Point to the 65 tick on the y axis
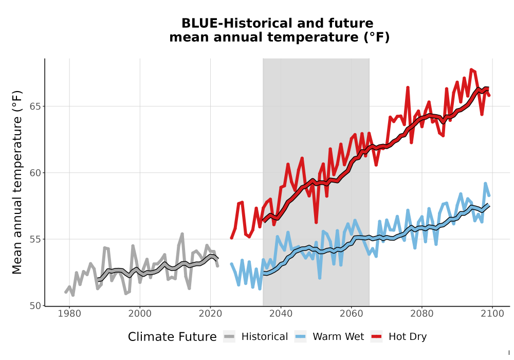click(36, 106)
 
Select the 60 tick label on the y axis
click(36, 173)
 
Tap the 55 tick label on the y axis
click(36, 239)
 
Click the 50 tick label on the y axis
click(36, 305)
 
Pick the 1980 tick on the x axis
click(69, 314)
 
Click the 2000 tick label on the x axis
click(140, 314)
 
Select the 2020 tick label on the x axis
click(210, 314)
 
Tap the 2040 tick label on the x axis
click(281, 314)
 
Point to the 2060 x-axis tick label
click(351, 314)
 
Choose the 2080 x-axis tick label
click(422, 314)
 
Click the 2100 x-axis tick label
click(492, 314)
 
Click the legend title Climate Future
click(172, 337)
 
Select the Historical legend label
click(265, 337)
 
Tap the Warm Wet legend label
click(338, 337)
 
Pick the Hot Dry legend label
click(408, 337)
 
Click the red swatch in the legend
click(376, 337)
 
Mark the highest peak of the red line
click(471, 69)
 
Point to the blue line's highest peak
click(485, 184)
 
